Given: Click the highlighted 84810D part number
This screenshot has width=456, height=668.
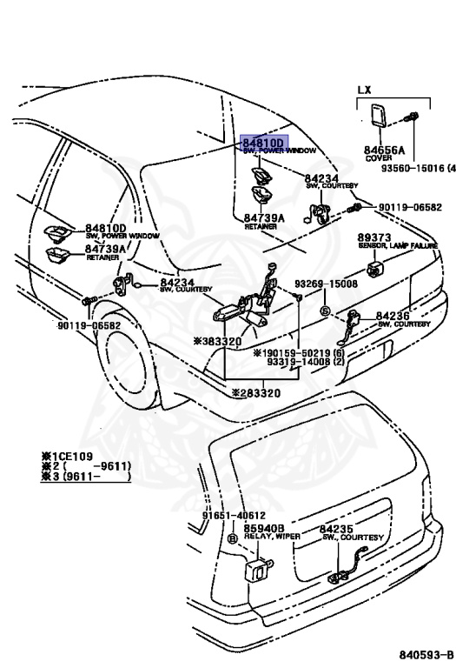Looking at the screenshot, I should [264, 143].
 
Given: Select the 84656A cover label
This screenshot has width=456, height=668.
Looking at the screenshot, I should [378, 150].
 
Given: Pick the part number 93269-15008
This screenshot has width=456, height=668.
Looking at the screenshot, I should [325, 284].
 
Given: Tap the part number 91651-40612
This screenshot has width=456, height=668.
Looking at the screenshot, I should [234, 516].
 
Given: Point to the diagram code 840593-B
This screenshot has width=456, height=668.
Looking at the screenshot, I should [425, 653].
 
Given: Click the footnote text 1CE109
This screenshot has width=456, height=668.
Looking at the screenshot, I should [71, 455].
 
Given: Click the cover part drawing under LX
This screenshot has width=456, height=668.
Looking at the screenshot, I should [380, 116].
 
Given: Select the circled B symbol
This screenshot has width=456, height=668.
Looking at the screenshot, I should [232, 539].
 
